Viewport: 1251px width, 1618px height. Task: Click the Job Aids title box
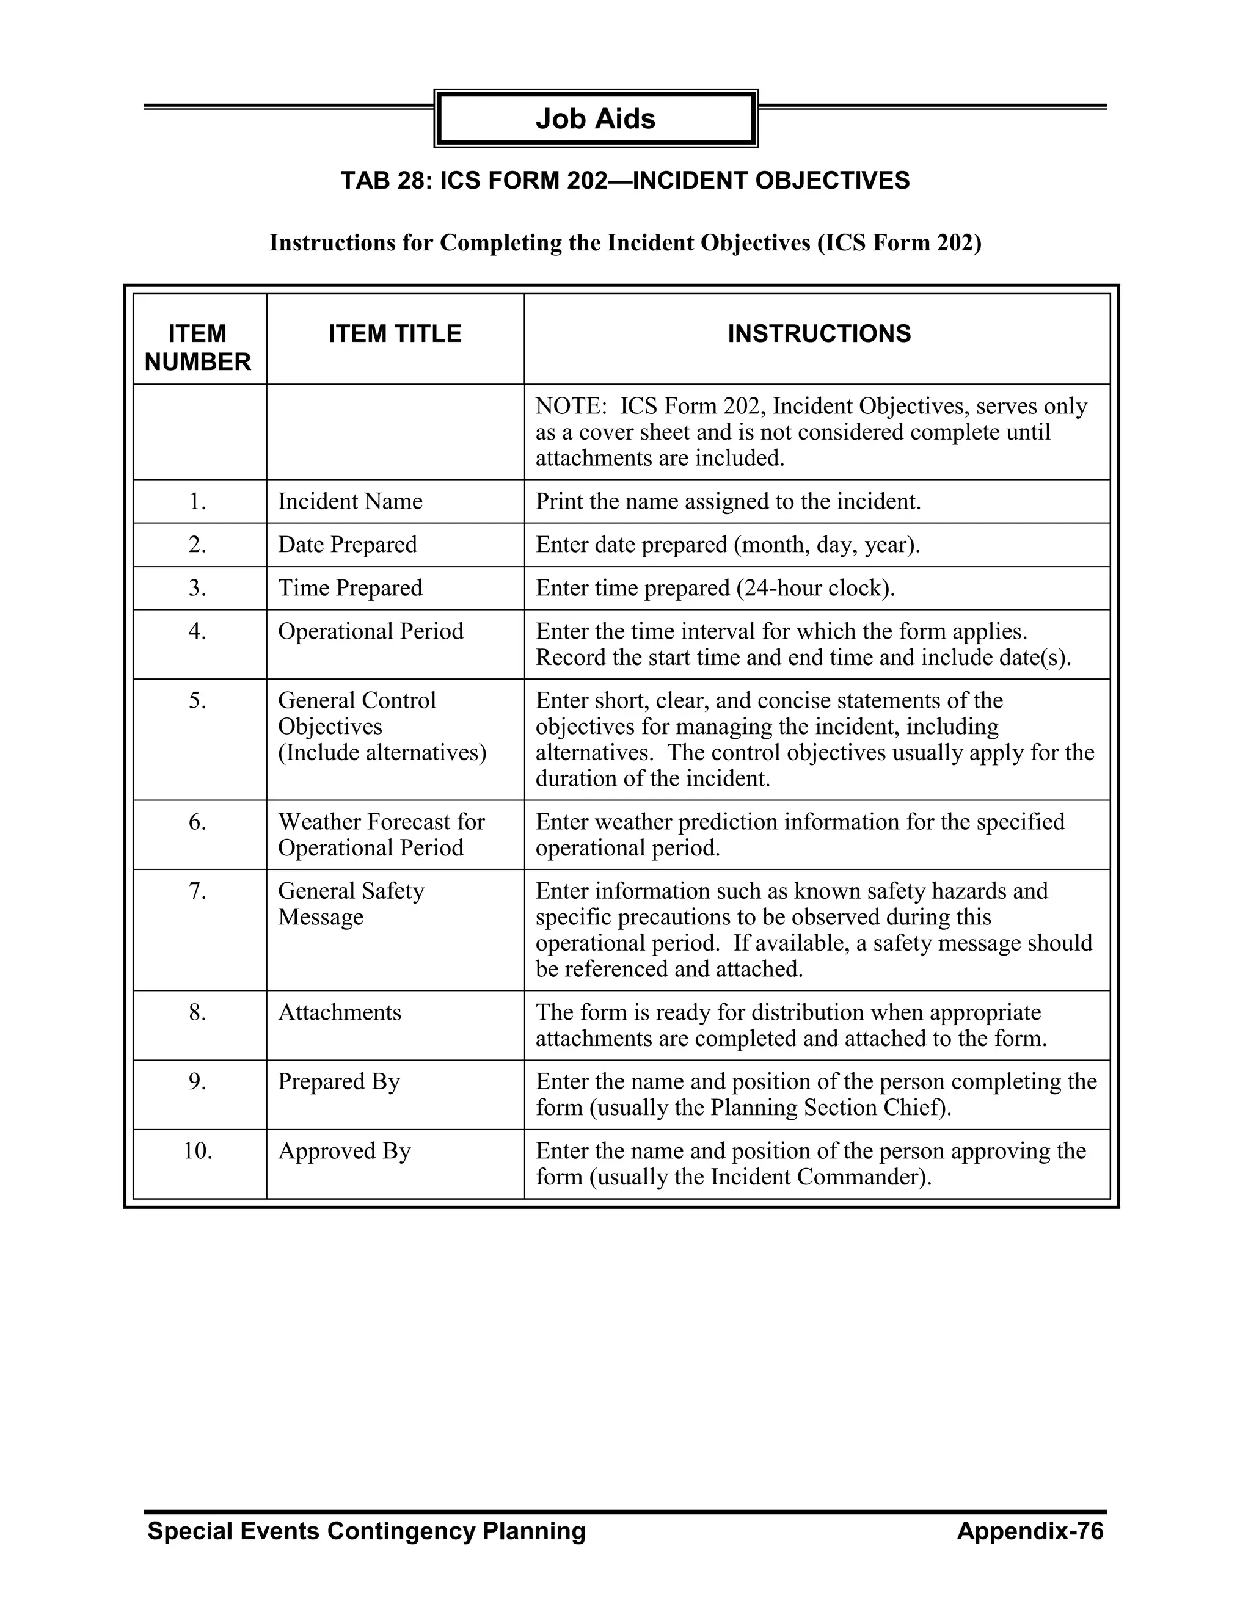tap(595, 118)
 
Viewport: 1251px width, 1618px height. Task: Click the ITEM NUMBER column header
tap(197, 347)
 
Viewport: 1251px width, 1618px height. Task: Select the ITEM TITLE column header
tap(395, 333)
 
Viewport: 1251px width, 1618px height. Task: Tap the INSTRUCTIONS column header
tap(819, 333)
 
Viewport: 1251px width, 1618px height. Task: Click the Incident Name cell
tap(350, 501)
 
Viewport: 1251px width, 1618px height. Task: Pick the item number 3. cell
tap(197, 588)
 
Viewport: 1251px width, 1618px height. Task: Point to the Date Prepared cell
tap(347, 545)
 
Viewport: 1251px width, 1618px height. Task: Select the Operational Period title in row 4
tap(371, 631)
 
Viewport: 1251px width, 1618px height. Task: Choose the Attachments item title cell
tap(340, 1012)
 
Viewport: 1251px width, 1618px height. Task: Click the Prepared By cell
tap(338, 1082)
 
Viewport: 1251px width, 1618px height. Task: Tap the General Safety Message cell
tap(351, 903)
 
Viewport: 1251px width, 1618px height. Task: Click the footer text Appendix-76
tap(1029, 1531)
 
